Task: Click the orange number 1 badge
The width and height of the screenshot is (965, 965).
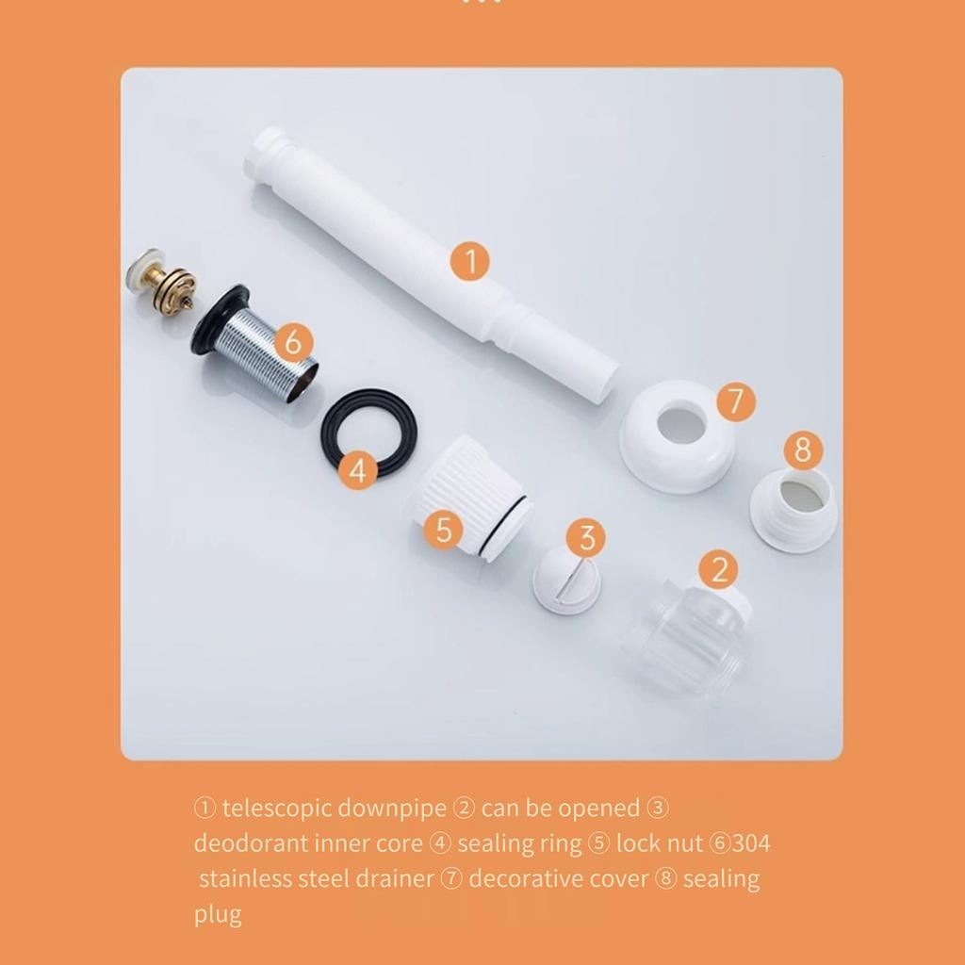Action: coord(470,260)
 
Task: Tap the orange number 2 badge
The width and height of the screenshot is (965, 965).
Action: coord(719,570)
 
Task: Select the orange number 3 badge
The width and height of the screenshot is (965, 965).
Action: coord(587,538)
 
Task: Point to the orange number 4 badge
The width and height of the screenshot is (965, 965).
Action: coord(356,468)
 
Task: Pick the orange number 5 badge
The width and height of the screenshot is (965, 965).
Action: coord(443,530)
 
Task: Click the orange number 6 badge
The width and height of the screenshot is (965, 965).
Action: coord(293,341)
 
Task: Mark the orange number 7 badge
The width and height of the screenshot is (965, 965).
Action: coord(735,401)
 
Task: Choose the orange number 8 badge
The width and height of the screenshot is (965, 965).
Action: coord(802,450)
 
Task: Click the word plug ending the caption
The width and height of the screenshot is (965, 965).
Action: coord(218,913)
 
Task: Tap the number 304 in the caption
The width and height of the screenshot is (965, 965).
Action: coord(751,842)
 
